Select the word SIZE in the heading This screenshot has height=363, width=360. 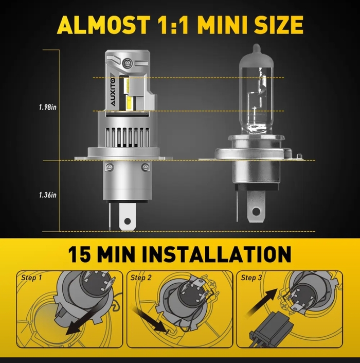279,25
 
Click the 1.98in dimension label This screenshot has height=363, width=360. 48,108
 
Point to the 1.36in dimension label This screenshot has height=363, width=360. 48,195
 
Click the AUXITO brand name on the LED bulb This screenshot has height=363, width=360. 113,92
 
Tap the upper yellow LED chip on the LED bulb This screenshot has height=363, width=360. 127,83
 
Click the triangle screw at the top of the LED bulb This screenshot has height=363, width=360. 127,63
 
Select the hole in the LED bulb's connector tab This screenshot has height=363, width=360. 128,221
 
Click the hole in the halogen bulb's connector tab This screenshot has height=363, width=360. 256,211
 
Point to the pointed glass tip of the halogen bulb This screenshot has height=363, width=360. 256,48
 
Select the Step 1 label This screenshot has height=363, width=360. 32,278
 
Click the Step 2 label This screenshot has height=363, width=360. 141,278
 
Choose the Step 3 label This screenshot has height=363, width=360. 251,278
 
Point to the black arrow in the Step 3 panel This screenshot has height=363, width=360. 262,303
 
